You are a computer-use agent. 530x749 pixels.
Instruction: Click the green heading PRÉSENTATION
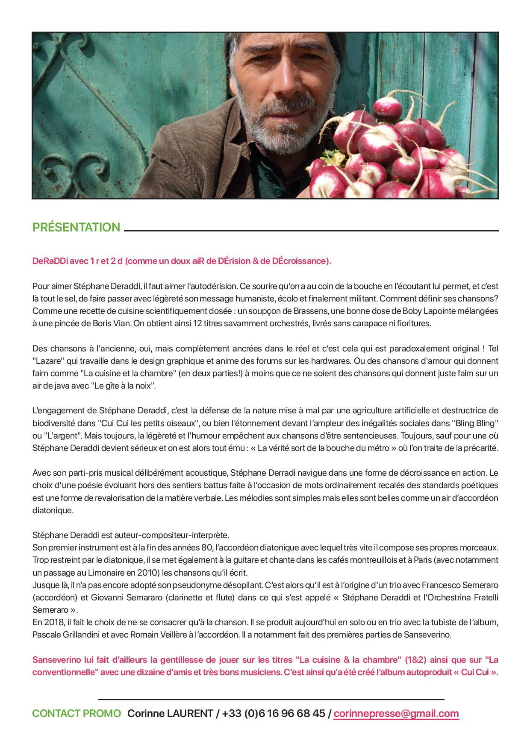tap(76, 227)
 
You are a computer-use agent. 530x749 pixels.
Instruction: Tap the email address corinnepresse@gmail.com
tap(396, 714)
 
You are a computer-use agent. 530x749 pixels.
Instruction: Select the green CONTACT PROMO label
tap(77, 714)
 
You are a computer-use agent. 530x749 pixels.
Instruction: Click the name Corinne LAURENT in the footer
tap(170, 714)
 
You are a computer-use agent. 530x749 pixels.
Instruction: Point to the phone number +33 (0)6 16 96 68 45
tap(274, 714)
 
